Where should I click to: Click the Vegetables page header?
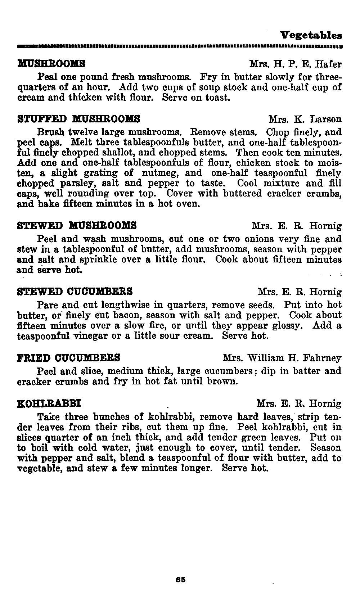[311, 35]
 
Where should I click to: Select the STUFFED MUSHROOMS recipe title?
[78, 119]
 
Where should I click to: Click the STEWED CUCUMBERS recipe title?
[75, 291]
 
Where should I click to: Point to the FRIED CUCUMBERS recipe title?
[69, 358]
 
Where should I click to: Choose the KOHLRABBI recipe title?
[49, 403]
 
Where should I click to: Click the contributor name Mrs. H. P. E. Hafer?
[295, 65]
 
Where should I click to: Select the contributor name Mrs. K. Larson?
[305, 119]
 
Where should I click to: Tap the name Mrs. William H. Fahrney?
[282, 358]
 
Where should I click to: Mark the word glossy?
[285, 326]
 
